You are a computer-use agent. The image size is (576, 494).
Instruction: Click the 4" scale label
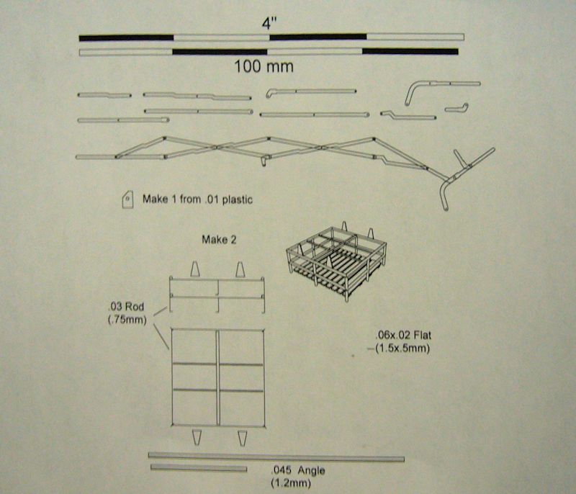click(x=269, y=23)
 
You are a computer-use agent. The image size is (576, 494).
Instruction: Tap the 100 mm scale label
click(x=264, y=66)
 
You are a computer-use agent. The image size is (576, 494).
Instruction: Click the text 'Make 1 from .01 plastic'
click(x=197, y=199)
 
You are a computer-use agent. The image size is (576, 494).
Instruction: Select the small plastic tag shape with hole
click(x=127, y=199)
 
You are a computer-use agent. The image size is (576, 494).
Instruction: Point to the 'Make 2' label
click(x=219, y=240)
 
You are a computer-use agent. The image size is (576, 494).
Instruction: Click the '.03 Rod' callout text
click(x=127, y=306)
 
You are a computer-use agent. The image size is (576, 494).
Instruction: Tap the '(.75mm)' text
click(x=127, y=320)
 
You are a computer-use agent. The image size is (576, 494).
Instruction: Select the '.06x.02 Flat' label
click(x=403, y=335)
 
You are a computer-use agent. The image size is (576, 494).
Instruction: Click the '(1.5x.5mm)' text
click(x=402, y=348)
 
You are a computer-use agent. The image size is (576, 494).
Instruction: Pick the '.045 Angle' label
click(x=298, y=470)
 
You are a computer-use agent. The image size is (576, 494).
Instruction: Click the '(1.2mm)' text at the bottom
click(x=291, y=482)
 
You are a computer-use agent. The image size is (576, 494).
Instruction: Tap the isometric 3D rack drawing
click(x=336, y=261)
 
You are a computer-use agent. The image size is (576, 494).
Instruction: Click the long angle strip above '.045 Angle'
click(x=276, y=457)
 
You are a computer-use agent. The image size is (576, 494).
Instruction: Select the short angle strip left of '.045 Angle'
click(x=199, y=468)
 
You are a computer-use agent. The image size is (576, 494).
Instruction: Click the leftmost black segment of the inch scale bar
click(x=126, y=38)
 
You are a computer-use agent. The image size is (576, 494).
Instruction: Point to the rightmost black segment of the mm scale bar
click(x=410, y=51)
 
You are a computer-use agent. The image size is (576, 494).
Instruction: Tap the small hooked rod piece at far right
click(x=456, y=108)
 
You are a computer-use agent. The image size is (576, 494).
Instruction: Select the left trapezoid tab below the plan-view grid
click(x=197, y=437)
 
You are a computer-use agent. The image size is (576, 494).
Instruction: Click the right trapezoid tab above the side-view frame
click(x=240, y=269)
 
